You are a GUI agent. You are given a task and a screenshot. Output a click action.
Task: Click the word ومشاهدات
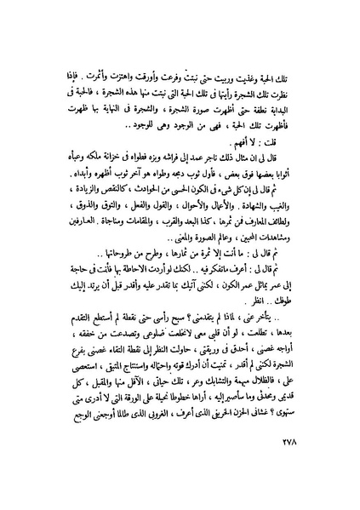tap(284, 263)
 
